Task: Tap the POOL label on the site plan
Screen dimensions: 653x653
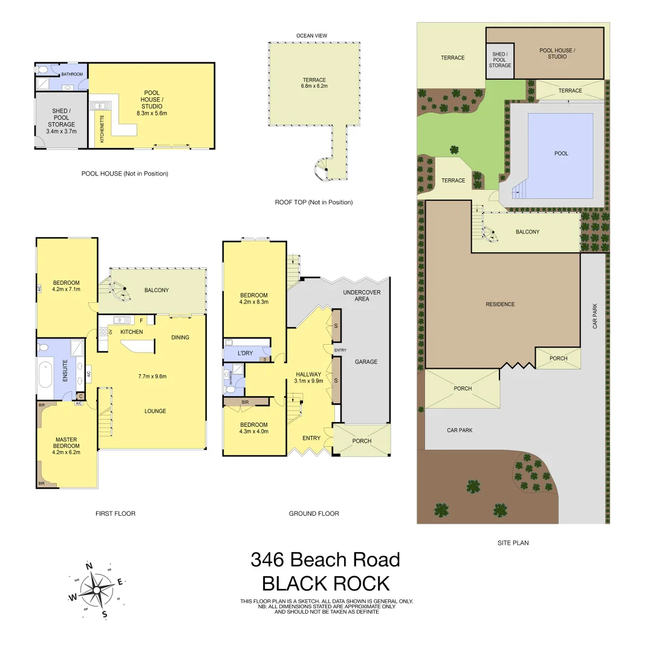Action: tap(561, 154)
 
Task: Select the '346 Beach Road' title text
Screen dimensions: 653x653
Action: tap(325, 560)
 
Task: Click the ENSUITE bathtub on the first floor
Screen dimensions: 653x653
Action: tap(45, 372)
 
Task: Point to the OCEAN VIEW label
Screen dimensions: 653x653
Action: tap(312, 36)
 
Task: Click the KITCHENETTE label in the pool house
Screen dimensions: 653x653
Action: tap(102, 128)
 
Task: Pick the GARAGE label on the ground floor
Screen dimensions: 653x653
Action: tap(366, 362)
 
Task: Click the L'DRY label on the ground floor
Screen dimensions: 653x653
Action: tap(245, 352)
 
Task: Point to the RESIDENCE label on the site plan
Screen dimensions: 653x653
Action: tap(500, 304)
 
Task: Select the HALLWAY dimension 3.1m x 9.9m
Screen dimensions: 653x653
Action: tap(308, 381)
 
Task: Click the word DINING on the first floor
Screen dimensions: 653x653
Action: tap(180, 337)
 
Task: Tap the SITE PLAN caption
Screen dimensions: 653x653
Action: tap(513, 543)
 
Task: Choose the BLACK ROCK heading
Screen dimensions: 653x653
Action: tap(325, 583)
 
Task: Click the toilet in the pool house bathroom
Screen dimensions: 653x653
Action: tap(42, 70)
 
